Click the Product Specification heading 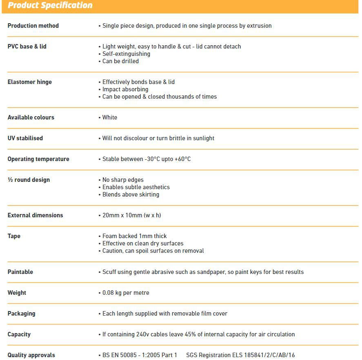[50, 6]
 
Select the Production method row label [33, 26]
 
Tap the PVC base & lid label [27, 46]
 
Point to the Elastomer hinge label [30, 82]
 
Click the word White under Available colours [110, 117]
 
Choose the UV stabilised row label [25, 138]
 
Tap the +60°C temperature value [182, 159]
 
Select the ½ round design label [29, 180]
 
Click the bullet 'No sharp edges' [123, 180]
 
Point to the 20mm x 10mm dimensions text [131, 215]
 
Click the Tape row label [14, 236]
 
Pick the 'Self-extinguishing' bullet [126, 54]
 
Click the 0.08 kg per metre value [126, 293]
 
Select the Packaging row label [21, 314]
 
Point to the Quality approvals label [31, 355]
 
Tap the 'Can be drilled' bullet [120, 61]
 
